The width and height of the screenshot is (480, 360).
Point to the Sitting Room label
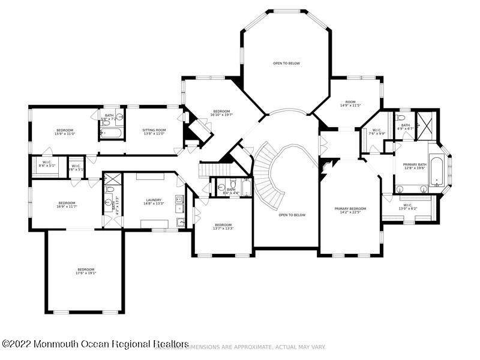tap(154, 131)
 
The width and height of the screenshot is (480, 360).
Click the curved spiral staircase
tap(276, 174)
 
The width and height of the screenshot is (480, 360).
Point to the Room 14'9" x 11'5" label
tap(350, 104)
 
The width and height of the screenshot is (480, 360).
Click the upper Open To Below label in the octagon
tap(286, 63)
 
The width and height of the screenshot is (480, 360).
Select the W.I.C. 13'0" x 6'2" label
tap(408, 207)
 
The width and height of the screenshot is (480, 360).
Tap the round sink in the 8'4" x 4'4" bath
tap(233, 185)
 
